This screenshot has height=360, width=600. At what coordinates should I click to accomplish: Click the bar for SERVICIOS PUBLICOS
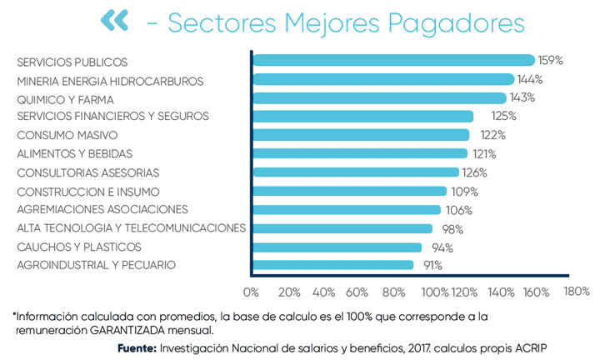pos(392,60)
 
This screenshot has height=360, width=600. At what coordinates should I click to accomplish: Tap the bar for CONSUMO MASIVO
pos(360,135)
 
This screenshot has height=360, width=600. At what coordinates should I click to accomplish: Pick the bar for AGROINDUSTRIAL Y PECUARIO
pos(332,265)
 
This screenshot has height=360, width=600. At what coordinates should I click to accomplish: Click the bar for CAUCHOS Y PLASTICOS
pos(337,247)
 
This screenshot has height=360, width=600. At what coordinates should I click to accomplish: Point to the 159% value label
pos(551,61)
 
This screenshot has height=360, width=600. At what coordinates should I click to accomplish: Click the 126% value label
pos(474,172)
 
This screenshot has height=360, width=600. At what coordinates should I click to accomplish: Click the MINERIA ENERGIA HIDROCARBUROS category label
pos(110,81)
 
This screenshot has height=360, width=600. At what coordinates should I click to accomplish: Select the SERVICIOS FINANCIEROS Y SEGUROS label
pos(112,116)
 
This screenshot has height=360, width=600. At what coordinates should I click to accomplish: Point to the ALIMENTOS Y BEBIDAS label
pos(75,153)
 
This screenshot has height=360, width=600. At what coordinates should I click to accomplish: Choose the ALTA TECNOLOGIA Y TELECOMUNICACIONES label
pos(131,227)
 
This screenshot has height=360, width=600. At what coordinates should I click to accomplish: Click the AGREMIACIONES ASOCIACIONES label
pos(102,209)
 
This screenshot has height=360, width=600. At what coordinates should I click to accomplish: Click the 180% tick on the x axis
pos(576,292)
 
